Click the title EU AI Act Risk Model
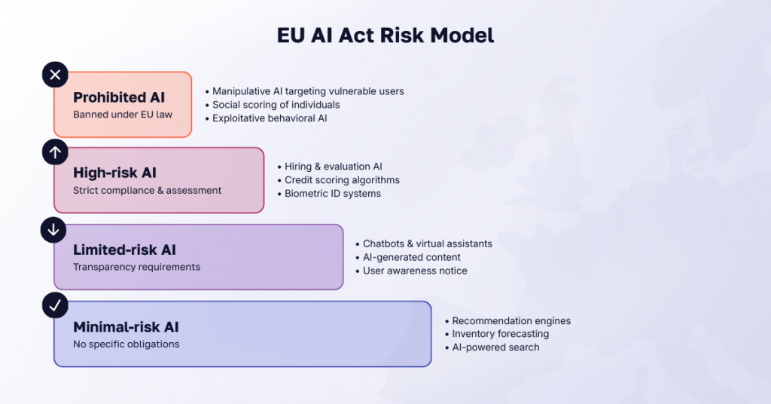tap(385, 36)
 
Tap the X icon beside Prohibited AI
tap(54, 75)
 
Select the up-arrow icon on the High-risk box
tap(54, 151)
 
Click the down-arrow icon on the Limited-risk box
tap(54, 229)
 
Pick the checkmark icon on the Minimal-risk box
tap(54, 306)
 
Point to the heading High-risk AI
tap(114, 173)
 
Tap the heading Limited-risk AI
tap(124, 249)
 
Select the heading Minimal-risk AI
tap(126, 327)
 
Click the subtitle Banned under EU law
tap(123, 115)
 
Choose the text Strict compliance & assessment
tap(147, 191)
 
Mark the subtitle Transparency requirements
tap(136, 267)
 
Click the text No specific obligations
tap(126, 344)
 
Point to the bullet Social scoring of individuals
tap(276, 105)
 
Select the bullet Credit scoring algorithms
tap(342, 180)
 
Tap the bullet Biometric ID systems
tap(333, 194)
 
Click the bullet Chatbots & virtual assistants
tap(427, 243)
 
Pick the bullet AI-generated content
tap(411, 257)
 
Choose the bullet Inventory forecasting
tap(500, 334)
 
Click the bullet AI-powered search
tap(495, 347)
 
